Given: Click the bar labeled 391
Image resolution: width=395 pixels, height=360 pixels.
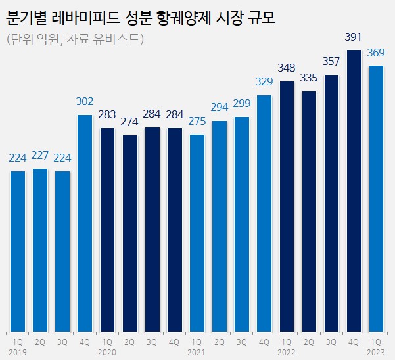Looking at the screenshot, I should click(x=354, y=191).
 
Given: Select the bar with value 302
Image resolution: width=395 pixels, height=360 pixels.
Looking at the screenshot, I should click(x=85, y=223).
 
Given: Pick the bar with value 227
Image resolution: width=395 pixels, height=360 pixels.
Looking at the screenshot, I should click(x=40, y=250).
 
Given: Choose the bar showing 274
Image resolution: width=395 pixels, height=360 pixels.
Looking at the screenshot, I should click(x=130, y=233).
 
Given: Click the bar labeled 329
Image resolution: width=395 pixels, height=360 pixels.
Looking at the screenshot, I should click(x=264, y=214).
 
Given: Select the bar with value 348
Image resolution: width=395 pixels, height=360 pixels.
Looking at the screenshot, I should click(x=287, y=206).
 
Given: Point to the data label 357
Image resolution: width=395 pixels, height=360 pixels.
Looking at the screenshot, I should click(x=331, y=63).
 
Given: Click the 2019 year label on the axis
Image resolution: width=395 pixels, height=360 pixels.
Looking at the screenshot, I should click(x=18, y=352).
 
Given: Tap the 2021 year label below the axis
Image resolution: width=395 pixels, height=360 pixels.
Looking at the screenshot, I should click(x=197, y=352).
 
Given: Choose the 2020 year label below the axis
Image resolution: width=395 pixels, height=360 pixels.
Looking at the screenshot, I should click(x=108, y=352).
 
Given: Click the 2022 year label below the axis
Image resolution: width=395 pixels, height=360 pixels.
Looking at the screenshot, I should click(x=287, y=352).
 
